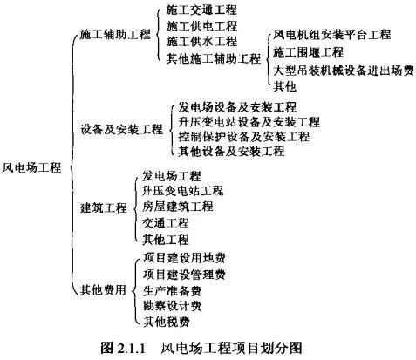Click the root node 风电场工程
point(31,167)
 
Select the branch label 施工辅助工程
point(115,35)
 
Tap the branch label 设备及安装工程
point(122,129)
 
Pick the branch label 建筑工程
point(104,207)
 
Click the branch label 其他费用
point(103,289)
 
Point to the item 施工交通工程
point(201,10)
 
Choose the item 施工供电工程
point(201,26)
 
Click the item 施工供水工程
point(201,42)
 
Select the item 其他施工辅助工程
point(214,58)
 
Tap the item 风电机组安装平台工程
point(332,35)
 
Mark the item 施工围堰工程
point(308,52)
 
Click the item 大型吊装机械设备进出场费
point(344,71)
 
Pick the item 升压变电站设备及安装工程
point(249,122)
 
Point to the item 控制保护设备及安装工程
point(244,137)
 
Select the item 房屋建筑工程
point(178,207)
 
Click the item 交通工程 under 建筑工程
point(166,223)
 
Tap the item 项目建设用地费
point(184,258)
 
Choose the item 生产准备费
point(173,290)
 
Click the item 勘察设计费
point(173,306)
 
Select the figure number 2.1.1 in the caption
point(132,348)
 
